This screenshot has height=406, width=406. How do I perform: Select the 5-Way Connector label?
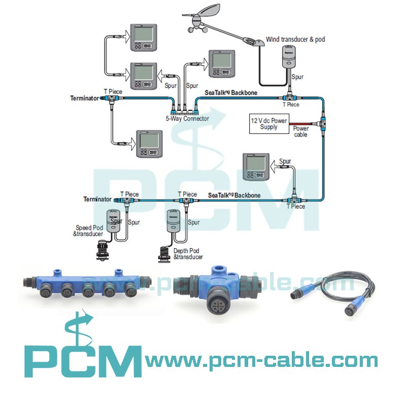tap(187, 118)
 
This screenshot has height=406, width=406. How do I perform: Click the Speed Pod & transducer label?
tap(90, 230)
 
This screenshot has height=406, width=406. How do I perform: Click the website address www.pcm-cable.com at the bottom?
tap(261, 361)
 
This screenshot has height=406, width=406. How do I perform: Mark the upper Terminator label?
tap(84, 98)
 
